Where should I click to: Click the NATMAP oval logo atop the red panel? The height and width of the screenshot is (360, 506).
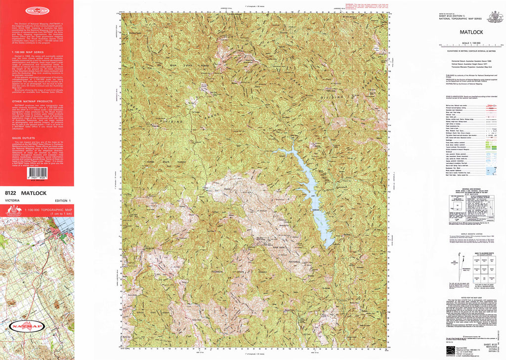tap(36, 9)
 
